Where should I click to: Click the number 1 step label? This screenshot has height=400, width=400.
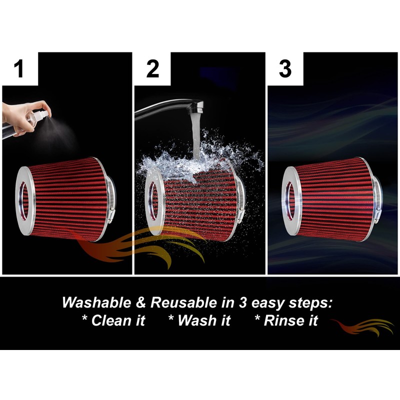pos(19,69)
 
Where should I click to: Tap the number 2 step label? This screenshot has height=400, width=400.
pos(152,69)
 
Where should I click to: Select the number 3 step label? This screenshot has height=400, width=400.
pos(285,69)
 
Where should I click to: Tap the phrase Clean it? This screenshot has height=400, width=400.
pos(113,320)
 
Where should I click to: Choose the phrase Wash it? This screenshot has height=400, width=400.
pos(199,320)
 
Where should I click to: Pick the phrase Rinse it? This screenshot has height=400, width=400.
pos(286,320)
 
